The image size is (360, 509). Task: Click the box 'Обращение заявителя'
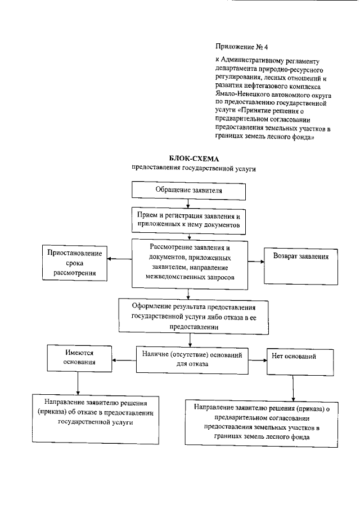189,190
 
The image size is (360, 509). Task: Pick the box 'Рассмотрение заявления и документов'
189,262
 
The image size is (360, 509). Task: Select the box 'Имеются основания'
79,358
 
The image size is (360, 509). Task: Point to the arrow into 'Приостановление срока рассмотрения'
119,259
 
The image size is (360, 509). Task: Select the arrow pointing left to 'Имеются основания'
124,358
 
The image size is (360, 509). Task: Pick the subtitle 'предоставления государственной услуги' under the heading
189,168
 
